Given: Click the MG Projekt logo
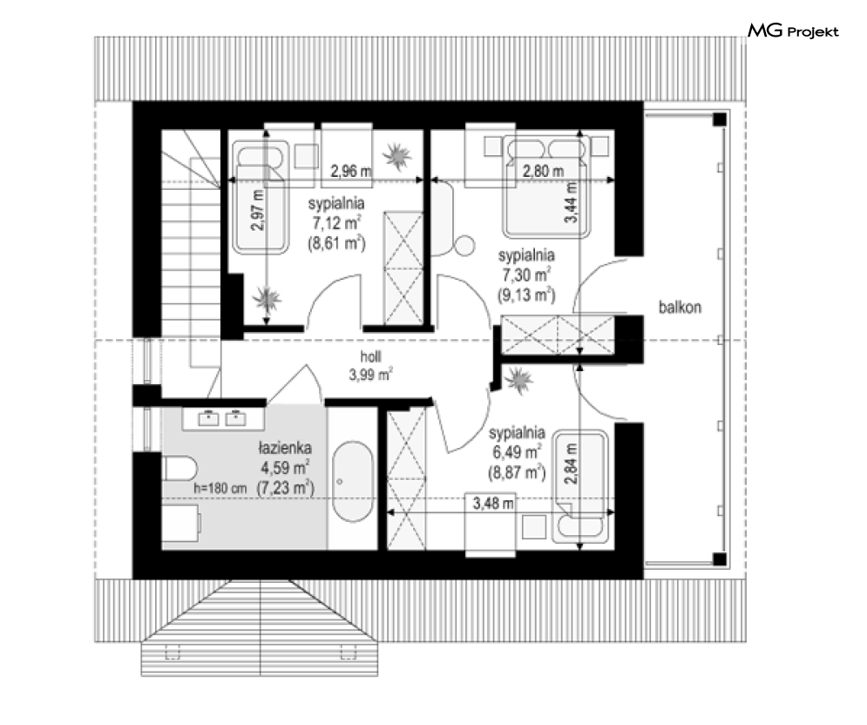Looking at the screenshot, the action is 793,31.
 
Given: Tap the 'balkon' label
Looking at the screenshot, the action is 680,307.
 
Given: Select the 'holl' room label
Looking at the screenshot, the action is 370,356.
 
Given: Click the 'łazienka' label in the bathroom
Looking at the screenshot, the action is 285,448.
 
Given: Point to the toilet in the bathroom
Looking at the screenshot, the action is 179,469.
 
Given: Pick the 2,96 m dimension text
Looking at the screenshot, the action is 351,172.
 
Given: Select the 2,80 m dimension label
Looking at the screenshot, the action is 544,172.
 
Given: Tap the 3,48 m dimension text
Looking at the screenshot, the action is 493,504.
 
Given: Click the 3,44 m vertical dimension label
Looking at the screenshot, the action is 571,202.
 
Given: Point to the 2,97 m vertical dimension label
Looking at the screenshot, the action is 258,210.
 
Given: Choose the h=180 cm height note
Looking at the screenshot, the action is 220,489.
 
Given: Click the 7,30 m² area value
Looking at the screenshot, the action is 525,274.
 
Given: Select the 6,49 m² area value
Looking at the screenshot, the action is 517,451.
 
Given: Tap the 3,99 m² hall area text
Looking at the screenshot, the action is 370,375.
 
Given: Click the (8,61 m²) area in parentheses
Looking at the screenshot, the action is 336,243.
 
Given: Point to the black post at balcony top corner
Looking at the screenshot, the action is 720,119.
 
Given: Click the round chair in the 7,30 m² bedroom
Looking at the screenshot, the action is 465,245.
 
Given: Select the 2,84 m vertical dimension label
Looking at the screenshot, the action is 571,464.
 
